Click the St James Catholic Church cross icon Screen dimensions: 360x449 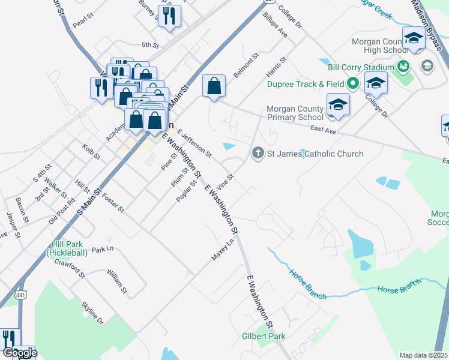pos(259,153)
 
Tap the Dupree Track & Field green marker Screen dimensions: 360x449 pos(353,83)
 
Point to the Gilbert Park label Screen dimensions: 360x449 pos(264,337)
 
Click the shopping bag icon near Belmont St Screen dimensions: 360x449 pos(214,87)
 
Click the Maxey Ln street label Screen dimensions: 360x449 pos(222,250)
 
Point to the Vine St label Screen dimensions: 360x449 pos(225,179)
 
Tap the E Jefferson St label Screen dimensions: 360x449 pos(194,145)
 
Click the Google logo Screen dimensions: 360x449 pos(20,352)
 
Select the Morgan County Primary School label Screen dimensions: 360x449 pos(298,113)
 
